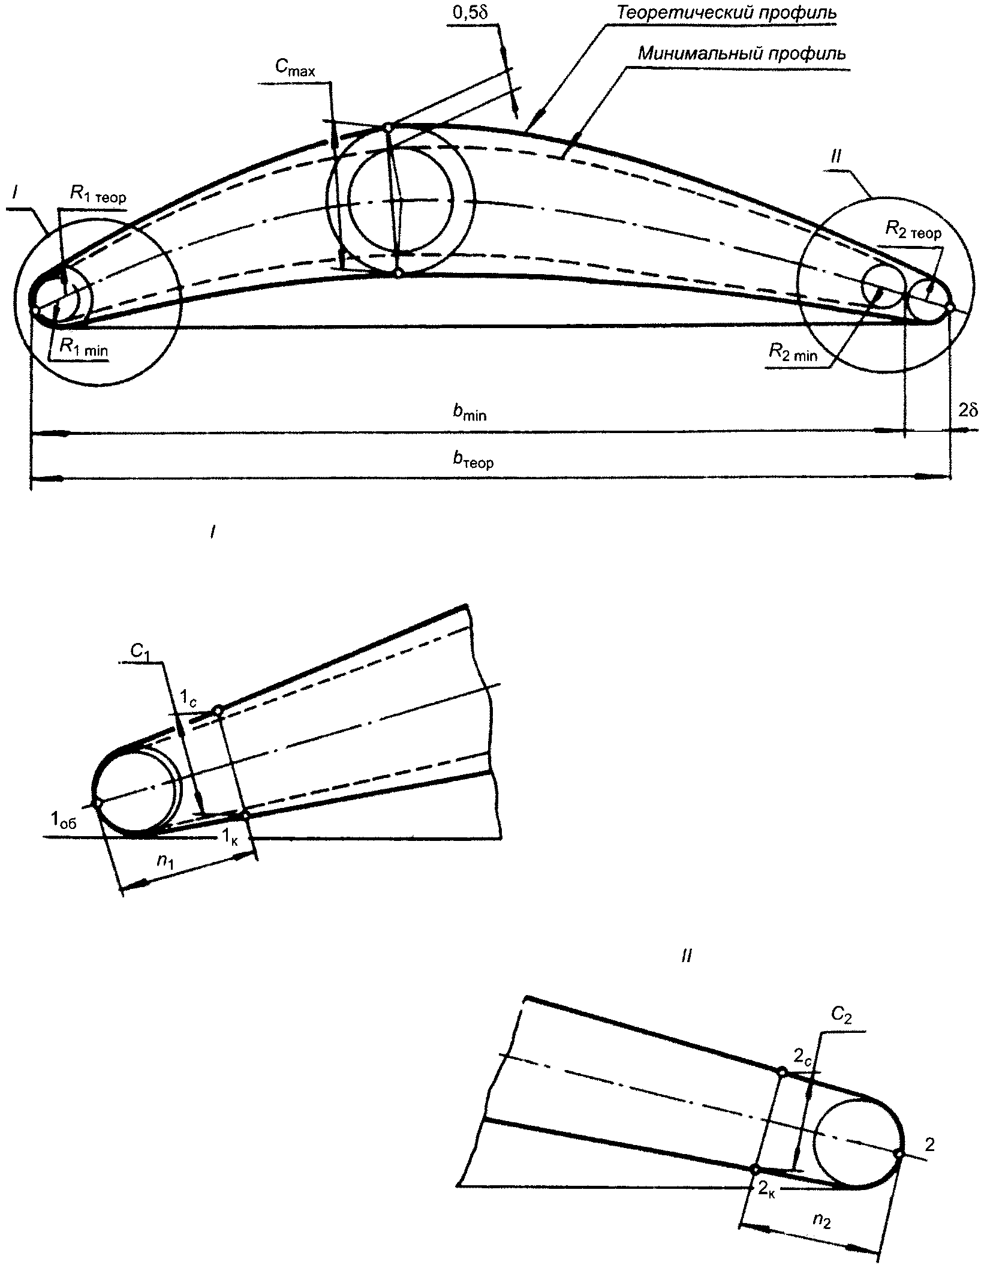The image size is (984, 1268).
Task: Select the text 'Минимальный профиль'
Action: [742, 54]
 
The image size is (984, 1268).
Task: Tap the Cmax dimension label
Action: [295, 68]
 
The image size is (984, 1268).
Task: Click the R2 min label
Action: [793, 353]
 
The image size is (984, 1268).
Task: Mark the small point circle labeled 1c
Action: [218, 711]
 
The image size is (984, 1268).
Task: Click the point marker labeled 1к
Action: [245, 816]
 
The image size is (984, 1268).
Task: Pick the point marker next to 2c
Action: [782, 1072]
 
